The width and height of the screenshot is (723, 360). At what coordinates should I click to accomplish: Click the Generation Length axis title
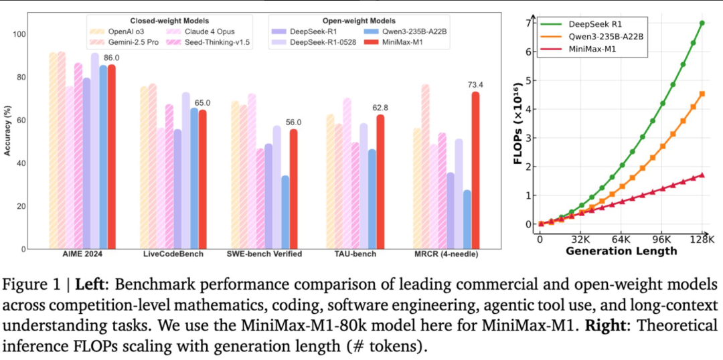point(621,252)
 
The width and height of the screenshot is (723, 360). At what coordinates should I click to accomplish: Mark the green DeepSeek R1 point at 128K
point(702,23)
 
